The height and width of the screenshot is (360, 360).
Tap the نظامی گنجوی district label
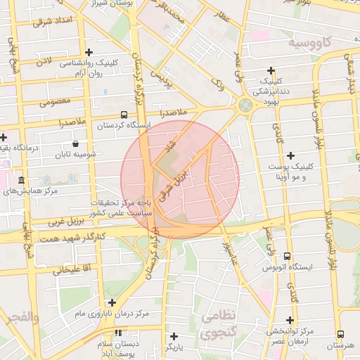(219, 325)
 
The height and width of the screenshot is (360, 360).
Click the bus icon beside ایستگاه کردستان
(124, 115)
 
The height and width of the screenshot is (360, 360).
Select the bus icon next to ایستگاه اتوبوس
(287, 257)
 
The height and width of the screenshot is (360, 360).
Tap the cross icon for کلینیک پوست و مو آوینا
(290, 155)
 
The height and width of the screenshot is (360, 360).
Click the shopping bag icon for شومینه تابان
(75, 144)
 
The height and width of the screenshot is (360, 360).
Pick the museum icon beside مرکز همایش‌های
(21, 181)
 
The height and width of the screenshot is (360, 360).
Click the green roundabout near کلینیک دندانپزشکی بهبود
(245, 105)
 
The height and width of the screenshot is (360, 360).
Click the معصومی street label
(55, 101)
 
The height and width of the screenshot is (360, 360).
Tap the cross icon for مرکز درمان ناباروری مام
(112, 302)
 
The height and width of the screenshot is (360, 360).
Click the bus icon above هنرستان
(341, 335)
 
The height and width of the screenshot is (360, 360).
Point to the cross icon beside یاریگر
(174, 336)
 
